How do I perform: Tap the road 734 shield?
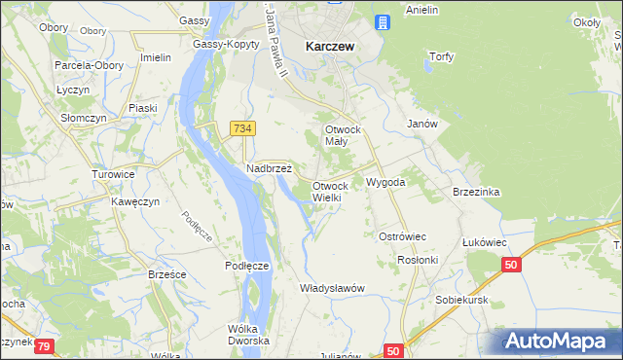pyautogui.click(x=243, y=127)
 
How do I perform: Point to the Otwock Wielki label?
pyautogui.click(x=329, y=191)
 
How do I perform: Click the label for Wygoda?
pyautogui.click(x=385, y=182)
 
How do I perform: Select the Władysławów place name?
pyautogui.click(x=332, y=288)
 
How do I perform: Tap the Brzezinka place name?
pyautogui.click(x=476, y=192)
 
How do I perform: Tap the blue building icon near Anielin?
pyautogui.click(x=383, y=21)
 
